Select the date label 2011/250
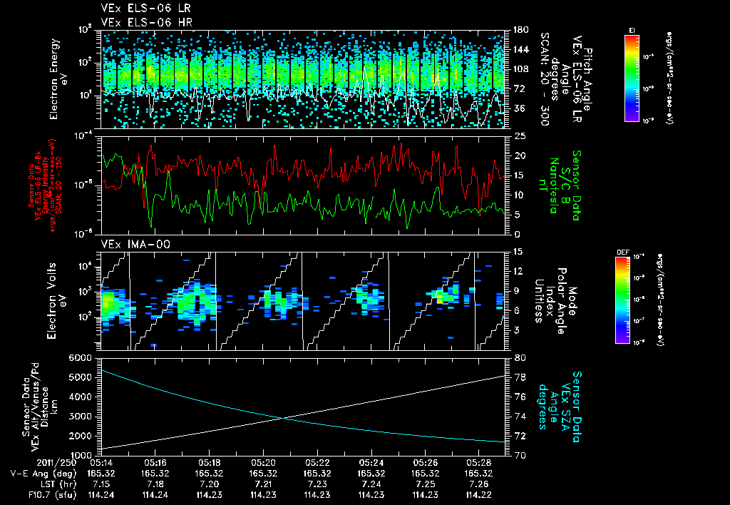(35, 463)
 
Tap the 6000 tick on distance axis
(82, 357)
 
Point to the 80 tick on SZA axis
(520, 357)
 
